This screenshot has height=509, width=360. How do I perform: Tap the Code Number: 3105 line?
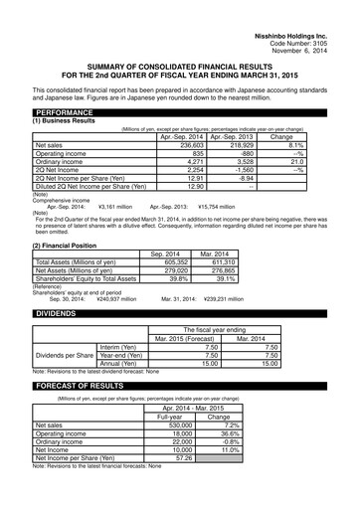pos(317,18)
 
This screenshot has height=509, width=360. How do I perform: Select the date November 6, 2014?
pos(317,27)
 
